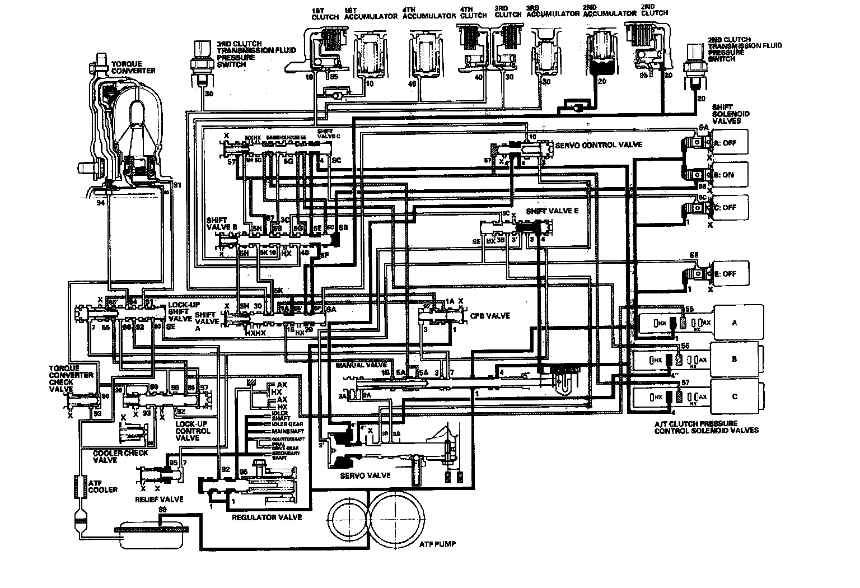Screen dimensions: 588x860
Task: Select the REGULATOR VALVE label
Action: [267, 517]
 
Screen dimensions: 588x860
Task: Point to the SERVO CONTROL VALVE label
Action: [599, 145]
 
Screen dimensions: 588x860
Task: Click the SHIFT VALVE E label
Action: [552, 212]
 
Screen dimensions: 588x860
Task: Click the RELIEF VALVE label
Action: [159, 499]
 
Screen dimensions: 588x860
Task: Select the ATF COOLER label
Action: [102, 486]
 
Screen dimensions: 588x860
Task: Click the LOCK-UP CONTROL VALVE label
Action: [193, 431]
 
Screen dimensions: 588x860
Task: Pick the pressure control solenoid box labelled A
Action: [735, 323]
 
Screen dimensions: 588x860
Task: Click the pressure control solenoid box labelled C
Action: [735, 396]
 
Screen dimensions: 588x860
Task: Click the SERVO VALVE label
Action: [365, 475]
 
